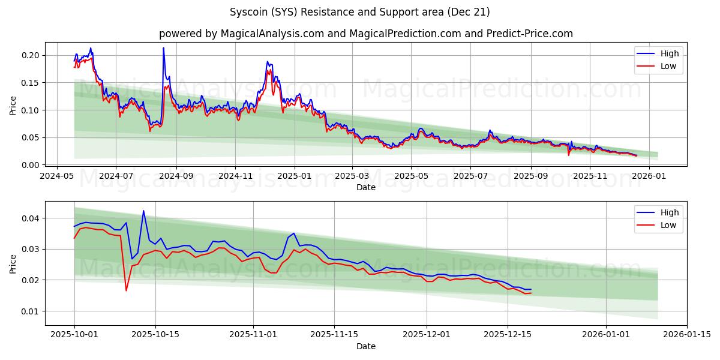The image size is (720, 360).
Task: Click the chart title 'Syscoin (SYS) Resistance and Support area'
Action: click(x=359, y=12)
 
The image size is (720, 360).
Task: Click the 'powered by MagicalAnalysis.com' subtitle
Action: click(x=365, y=34)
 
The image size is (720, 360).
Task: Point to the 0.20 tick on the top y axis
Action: click(x=31, y=55)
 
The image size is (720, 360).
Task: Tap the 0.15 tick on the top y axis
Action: click(x=31, y=83)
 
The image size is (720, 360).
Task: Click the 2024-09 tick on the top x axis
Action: click(x=176, y=176)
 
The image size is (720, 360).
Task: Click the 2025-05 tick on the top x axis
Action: click(x=411, y=176)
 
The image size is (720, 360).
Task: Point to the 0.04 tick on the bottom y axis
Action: click(x=31, y=218)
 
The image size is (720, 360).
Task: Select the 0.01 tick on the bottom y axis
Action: click(x=31, y=311)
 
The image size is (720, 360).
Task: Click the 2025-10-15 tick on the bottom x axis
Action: click(x=155, y=335)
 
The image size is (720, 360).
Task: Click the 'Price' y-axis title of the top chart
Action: click(x=13, y=104)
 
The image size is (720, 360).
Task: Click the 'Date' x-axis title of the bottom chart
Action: click(x=365, y=346)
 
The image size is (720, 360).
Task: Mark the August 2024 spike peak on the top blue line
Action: click(x=163, y=48)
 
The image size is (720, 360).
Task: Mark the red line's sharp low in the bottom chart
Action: click(x=126, y=290)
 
